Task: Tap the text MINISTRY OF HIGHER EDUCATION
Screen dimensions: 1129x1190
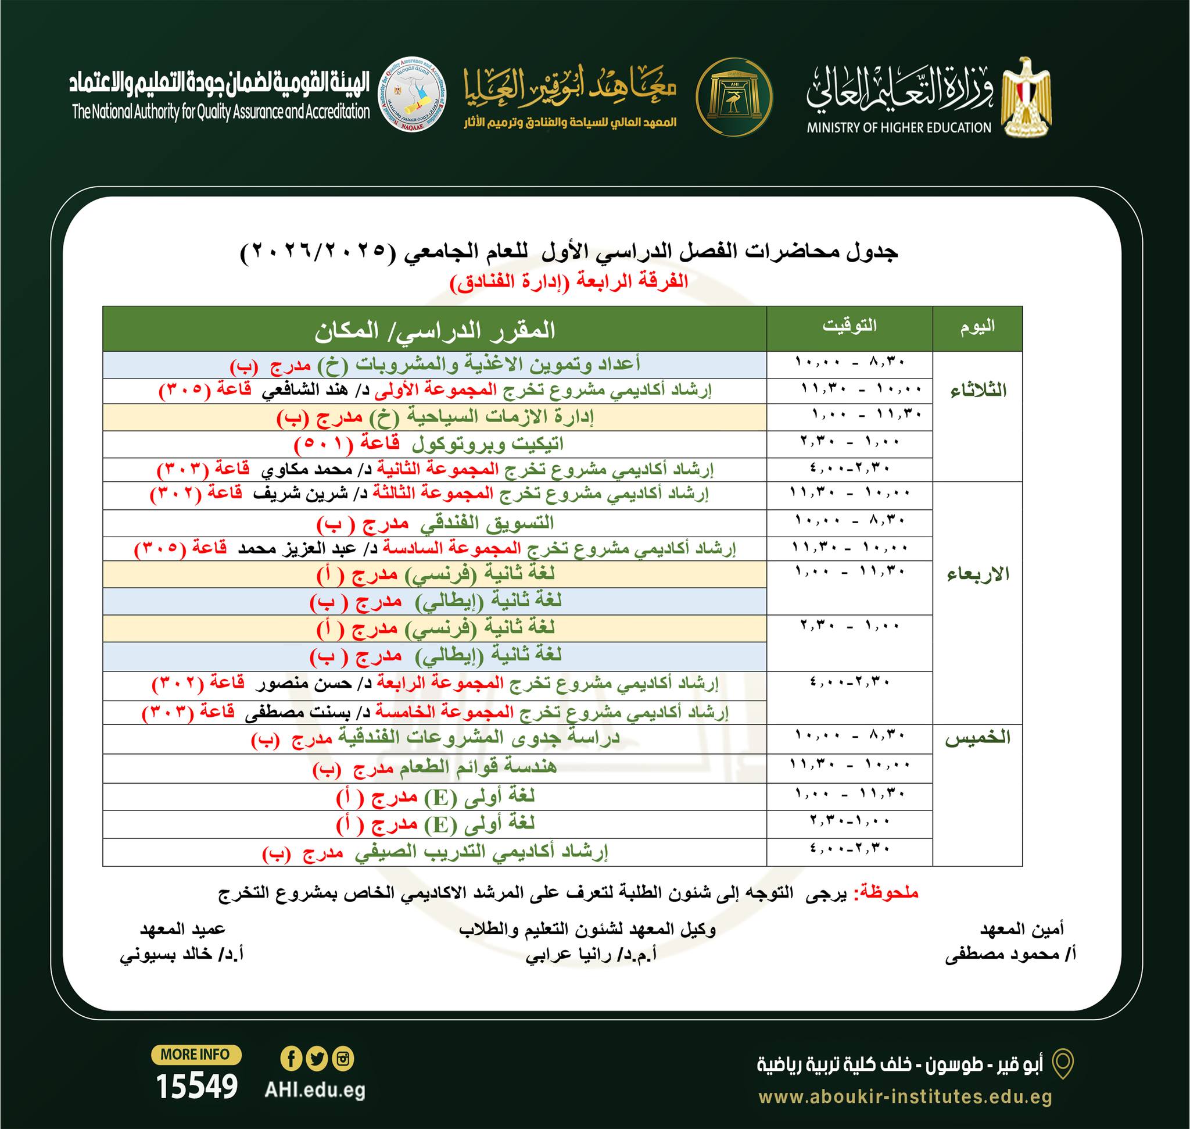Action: click(x=899, y=127)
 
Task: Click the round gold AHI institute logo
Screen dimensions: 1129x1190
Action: click(x=734, y=97)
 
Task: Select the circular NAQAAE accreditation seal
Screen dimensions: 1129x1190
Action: click(x=413, y=95)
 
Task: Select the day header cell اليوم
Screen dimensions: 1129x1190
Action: click(x=977, y=327)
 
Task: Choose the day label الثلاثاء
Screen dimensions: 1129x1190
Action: click(x=978, y=391)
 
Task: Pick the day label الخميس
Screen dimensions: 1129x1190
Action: click(x=978, y=738)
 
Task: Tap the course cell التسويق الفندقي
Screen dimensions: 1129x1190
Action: click(x=435, y=524)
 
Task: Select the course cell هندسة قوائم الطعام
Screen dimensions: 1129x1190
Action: click(x=435, y=769)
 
